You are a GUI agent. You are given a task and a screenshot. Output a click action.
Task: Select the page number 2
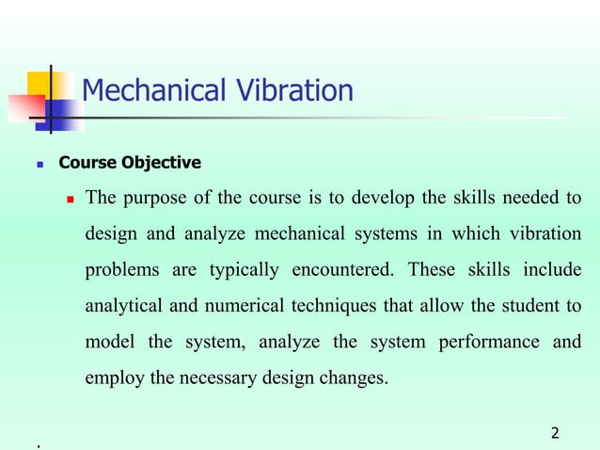[x=555, y=433]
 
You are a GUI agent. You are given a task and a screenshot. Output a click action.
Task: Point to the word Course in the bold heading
[x=87, y=163]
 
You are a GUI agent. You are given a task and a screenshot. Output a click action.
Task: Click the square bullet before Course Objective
[x=39, y=164]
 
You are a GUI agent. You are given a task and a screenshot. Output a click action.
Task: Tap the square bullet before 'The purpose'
[x=69, y=200]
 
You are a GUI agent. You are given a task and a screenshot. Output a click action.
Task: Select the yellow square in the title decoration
[x=44, y=86]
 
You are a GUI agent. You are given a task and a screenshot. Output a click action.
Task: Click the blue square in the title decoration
[x=59, y=114]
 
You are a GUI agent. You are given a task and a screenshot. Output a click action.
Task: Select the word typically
[x=244, y=270]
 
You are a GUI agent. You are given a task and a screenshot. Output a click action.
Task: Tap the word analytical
[x=126, y=306]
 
